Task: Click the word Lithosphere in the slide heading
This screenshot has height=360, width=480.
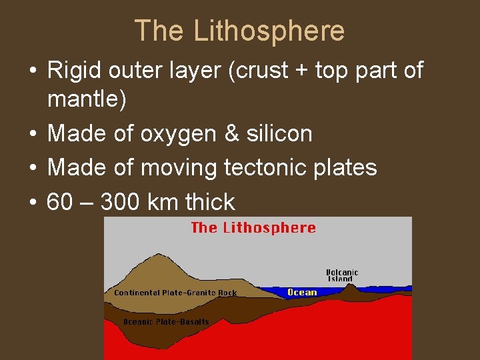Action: (x=269, y=31)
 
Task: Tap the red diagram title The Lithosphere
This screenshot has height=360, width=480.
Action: (x=253, y=228)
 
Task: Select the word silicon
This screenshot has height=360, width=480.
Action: (x=280, y=134)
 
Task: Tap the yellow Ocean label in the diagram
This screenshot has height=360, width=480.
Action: (x=302, y=292)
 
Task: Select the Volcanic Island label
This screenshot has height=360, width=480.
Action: (x=342, y=275)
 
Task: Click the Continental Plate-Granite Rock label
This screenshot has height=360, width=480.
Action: (x=175, y=293)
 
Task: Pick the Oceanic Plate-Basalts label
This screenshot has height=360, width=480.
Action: (x=166, y=322)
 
